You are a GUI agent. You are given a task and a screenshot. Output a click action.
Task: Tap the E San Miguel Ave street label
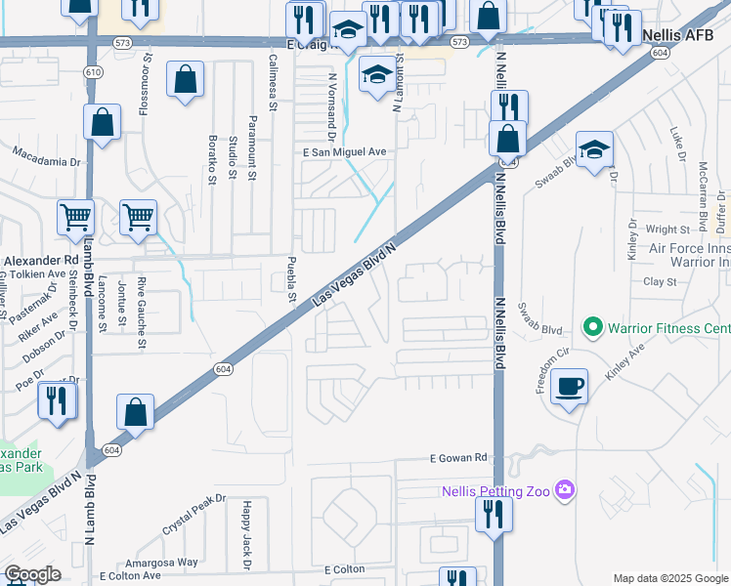[x=345, y=152]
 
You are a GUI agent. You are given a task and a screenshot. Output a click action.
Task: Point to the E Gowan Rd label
[x=458, y=457]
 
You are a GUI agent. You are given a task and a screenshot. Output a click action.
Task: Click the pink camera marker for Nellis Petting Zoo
[x=563, y=488]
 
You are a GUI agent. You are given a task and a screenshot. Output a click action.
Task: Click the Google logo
[x=32, y=574]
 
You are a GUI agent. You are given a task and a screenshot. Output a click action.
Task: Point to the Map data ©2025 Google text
[x=669, y=578]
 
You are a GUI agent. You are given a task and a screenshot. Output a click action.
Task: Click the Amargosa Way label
[x=161, y=563]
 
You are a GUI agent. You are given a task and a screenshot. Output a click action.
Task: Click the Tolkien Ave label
[x=36, y=274]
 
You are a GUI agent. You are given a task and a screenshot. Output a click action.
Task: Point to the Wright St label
[x=668, y=230]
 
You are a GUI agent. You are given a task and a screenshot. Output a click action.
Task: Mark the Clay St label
[x=660, y=281]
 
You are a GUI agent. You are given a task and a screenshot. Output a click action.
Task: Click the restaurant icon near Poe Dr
[x=58, y=401]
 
